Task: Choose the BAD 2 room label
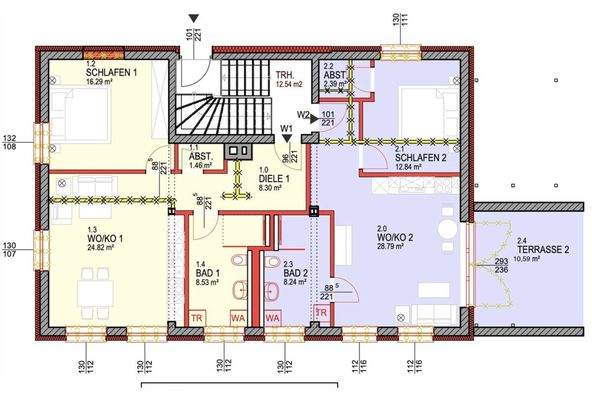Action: [295, 273]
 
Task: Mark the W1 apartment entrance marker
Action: [287, 127]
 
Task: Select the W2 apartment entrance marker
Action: [304, 115]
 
